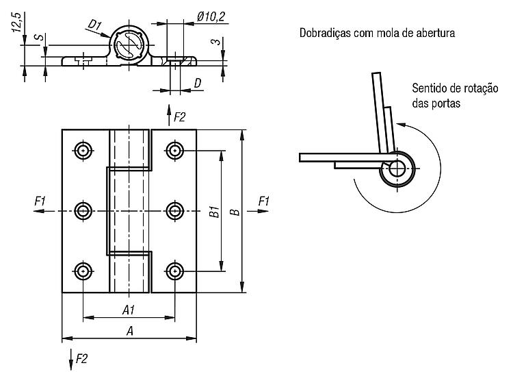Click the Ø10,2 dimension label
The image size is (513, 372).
211,16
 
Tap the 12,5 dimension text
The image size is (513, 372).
16,23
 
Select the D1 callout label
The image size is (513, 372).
95,25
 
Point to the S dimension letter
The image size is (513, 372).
39,36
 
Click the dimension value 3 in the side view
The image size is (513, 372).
215,42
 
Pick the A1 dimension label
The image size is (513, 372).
129,310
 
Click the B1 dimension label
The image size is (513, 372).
214,212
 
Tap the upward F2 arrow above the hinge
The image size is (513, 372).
169,115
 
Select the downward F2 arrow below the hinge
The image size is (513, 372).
71,360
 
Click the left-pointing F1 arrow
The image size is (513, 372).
44,211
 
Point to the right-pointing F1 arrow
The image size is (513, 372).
258,211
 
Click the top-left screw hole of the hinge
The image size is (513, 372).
83,151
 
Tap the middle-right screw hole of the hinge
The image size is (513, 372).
175,211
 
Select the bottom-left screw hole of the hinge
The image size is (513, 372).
83,271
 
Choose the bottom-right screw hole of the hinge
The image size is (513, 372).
175,271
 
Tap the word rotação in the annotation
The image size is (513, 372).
481,88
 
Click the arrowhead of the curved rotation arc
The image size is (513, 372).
400,125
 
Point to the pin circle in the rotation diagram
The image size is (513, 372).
397,169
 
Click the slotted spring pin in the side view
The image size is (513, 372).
129,45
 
